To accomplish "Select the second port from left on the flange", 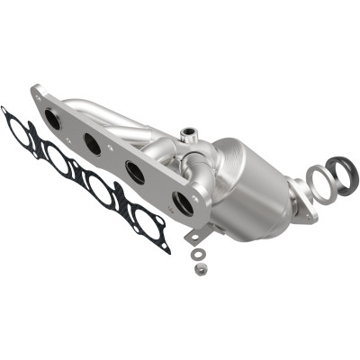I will click(x=92, y=141).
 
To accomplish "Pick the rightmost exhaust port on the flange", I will click(x=184, y=203).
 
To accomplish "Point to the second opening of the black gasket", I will click(x=57, y=160).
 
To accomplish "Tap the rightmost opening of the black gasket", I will click(x=142, y=220).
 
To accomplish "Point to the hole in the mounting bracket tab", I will click(x=193, y=235).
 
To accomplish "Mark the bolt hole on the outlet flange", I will click(x=310, y=214).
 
